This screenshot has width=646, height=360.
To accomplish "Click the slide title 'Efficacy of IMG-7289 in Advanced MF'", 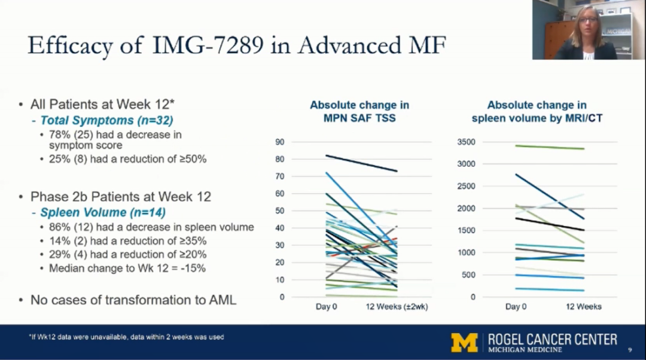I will (x=236, y=45).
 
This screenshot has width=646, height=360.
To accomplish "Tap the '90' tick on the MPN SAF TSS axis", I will (x=279, y=142).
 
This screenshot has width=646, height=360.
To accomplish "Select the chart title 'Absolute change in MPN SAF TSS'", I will (x=359, y=111).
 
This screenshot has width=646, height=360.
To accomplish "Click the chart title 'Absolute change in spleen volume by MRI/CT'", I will (x=537, y=111).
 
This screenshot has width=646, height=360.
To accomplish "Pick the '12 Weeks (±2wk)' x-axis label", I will (x=397, y=307).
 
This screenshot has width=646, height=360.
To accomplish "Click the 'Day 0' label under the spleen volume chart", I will (x=516, y=307).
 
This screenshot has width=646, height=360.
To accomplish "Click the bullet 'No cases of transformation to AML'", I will (x=133, y=300).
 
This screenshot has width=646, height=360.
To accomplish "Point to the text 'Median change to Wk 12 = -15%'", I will (x=127, y=269).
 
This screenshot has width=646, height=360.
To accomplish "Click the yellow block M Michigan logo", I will (x=464, y=343).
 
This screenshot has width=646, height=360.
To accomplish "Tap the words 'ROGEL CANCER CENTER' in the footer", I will (x=552, y=339).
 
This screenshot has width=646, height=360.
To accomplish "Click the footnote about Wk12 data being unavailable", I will (x=126, y=337).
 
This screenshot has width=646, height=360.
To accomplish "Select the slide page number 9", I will (x=629, y=350).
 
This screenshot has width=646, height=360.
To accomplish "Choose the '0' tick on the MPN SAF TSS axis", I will (x=282, y=297).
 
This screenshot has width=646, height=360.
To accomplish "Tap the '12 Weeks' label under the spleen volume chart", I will (x=583, y=307).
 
